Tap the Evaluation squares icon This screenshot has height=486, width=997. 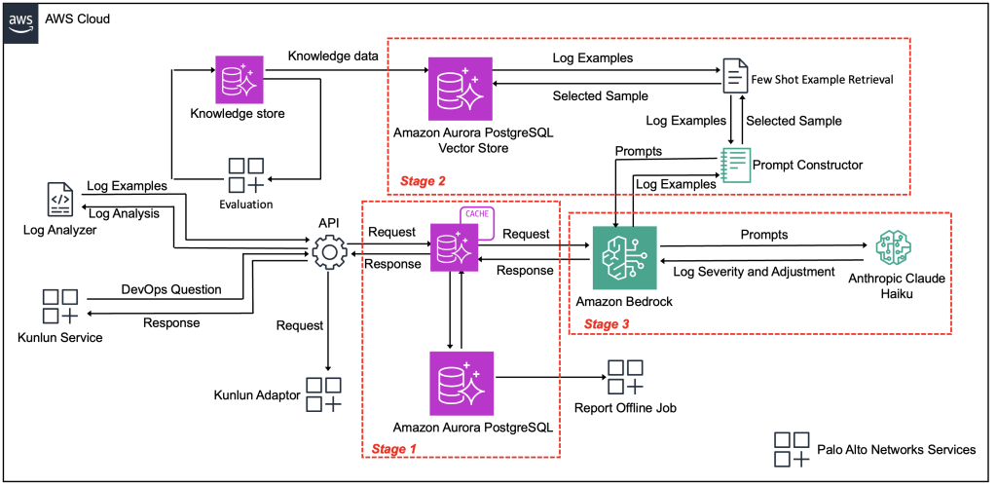tap(245, 174)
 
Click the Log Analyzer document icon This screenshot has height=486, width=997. tap(59, 199)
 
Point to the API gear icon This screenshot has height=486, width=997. tap(329, 254)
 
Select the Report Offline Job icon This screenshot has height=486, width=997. tap(624, 377)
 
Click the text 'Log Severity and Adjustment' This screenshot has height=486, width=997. tap(748, 271)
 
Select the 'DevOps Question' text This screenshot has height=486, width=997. tap(170, 289)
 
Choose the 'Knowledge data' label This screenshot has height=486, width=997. tap(333, 56)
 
